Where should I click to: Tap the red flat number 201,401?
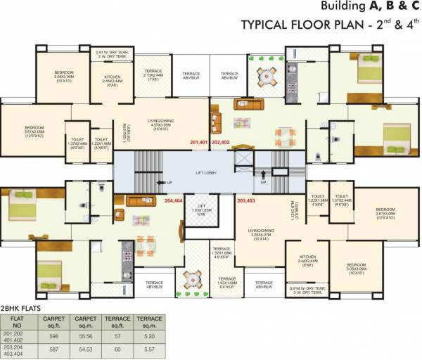coord(199,142)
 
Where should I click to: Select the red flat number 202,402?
coord(221,142)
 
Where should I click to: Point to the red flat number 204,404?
coord(173,200)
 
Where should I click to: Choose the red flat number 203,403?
coord(246,200)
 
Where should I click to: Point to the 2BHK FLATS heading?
coord(22,308)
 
